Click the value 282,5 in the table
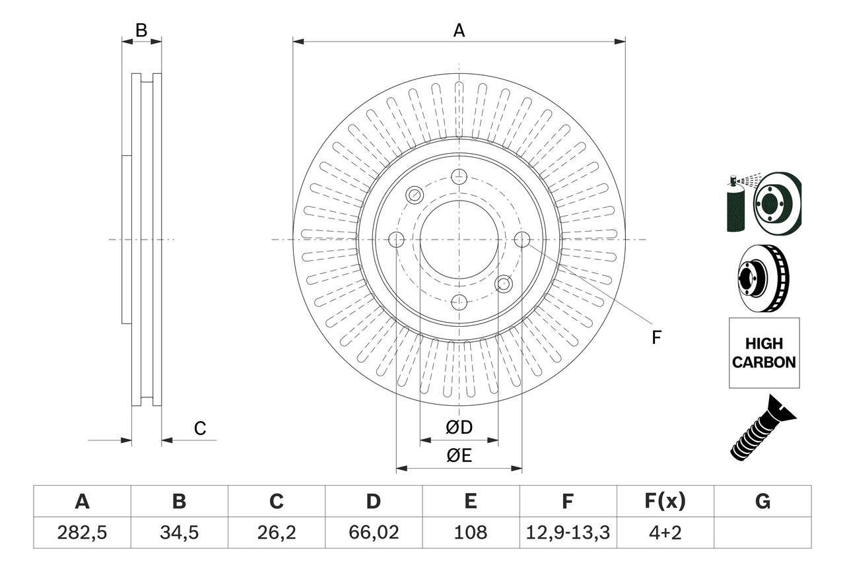coord(82,533)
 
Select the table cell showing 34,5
coord(179,533)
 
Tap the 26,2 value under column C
coord(276,533)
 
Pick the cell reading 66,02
coord(373,533)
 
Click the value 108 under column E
coord(470,533)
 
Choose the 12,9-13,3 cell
coord(567,533)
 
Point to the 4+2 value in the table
coord(665,533)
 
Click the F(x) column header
coord(665,502)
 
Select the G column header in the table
coord(762,502)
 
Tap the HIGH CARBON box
coord(764,353)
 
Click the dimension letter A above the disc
coord(459,30)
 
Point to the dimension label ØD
coord(459,428)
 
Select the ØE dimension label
coord(459,456)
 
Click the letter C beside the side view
coord(200,428)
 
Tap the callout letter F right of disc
coord(656,337)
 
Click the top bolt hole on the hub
coord(459,176)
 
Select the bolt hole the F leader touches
coord(522,240)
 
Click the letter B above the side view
coord(141,30)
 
